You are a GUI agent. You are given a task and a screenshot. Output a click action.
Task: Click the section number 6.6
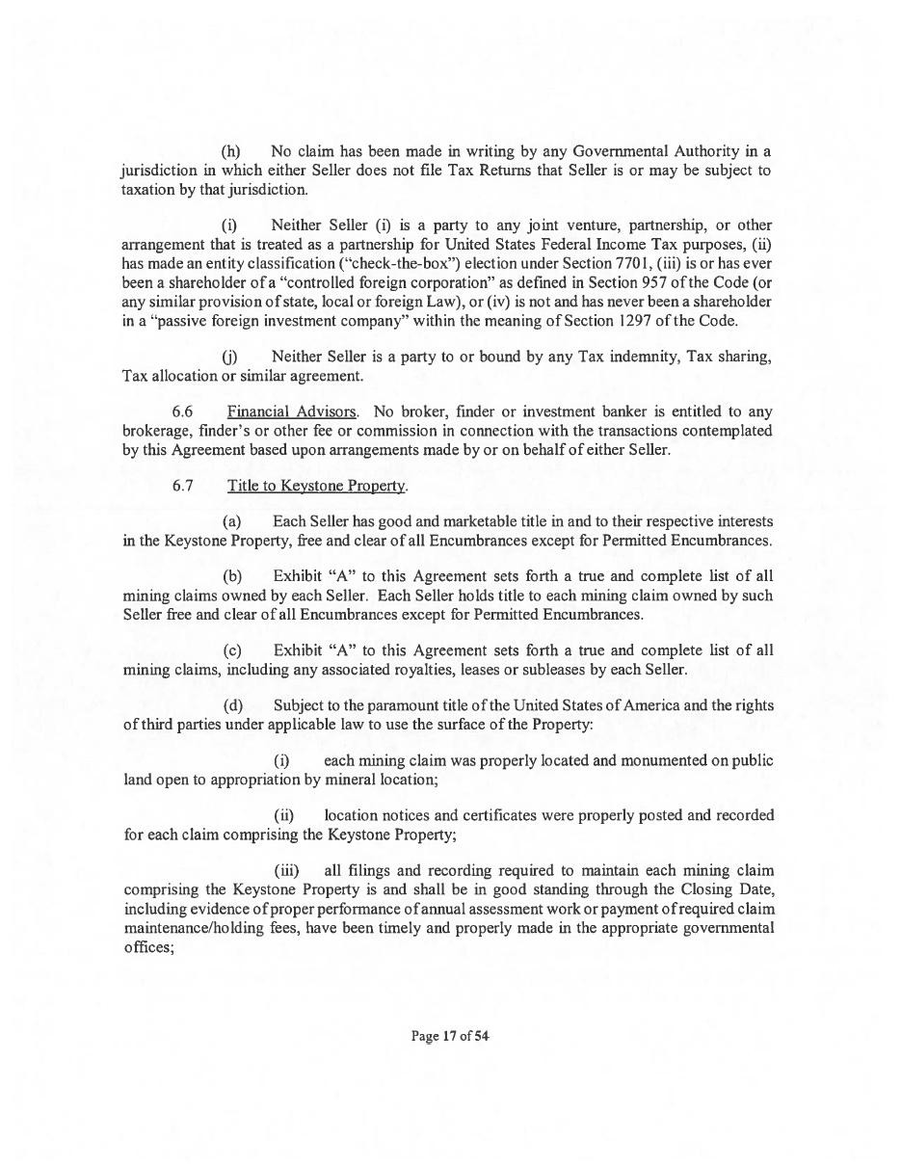(x=182, y=411)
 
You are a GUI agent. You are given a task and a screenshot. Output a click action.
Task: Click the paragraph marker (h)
(x=231, y=151)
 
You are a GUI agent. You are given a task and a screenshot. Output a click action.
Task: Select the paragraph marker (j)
(x=231, y=357)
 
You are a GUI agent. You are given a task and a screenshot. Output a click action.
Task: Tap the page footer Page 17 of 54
(x=450, y=1037)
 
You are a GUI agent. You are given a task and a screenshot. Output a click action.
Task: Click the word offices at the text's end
(x=147, y=946)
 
